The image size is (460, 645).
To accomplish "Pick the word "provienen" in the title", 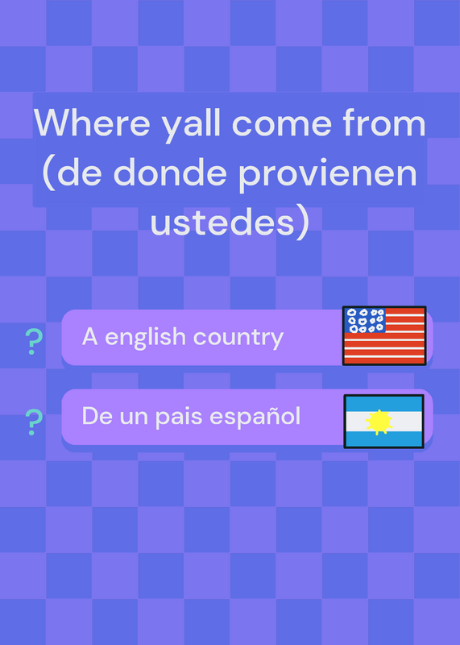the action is point(328,174).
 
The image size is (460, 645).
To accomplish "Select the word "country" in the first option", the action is point(238,339).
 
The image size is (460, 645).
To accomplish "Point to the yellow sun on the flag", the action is point(379,422).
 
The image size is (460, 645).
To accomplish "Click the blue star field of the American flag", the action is point(365,320).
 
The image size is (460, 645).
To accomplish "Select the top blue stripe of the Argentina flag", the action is point(383,403).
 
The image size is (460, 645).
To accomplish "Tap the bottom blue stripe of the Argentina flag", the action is point(383,439).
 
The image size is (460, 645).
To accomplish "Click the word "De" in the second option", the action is point(97,416).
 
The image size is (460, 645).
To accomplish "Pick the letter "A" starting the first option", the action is point(89,337).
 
